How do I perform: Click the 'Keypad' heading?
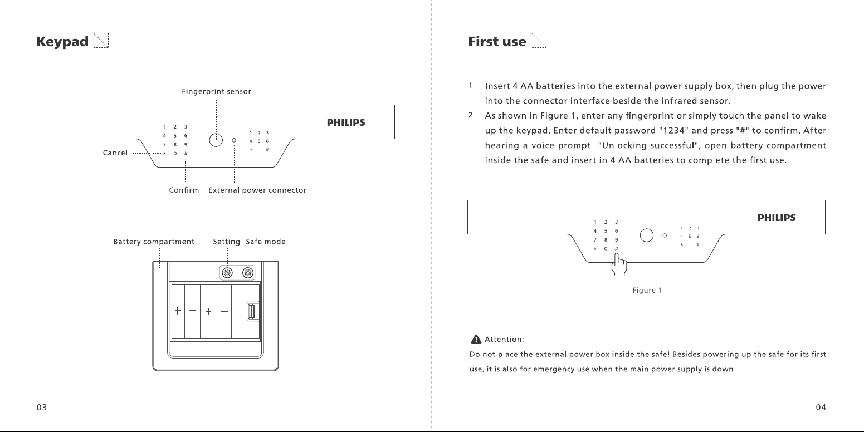62,42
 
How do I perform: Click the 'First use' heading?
497,42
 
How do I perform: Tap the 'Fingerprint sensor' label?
216,91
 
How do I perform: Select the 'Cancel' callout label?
115,153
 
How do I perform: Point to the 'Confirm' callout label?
184,190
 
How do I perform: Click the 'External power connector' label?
257,190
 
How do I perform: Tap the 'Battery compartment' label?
154,242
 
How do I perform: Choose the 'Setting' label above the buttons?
226,242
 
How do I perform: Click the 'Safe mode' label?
265,242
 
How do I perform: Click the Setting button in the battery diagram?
227,273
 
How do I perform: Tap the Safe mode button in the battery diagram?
248,273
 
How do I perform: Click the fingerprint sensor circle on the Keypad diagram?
216,140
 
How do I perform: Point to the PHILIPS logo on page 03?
346,122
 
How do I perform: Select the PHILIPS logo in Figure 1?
777,218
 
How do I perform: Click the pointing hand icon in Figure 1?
619,264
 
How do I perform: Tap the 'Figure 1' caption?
647,290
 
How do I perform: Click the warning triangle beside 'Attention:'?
476,339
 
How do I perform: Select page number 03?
42,408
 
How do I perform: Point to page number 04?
821,408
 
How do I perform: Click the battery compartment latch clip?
251,311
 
